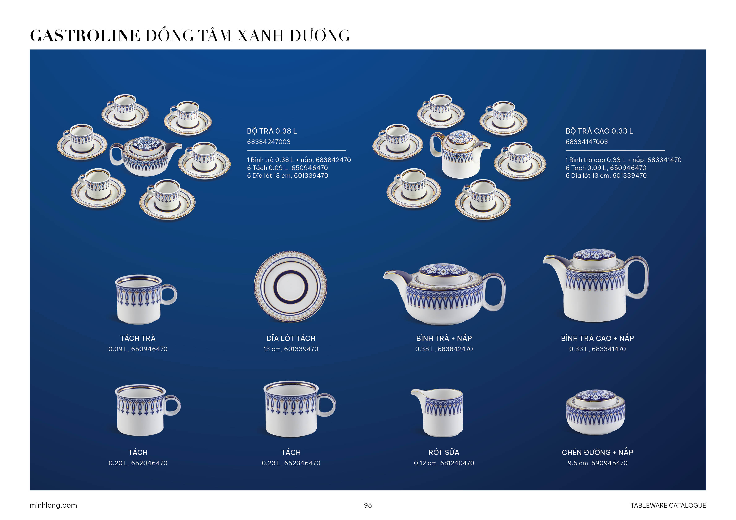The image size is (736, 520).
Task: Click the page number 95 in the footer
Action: tap(368, 505)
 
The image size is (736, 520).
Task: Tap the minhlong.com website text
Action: tap(53, 505)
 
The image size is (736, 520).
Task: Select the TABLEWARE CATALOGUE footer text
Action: tap(668, 505)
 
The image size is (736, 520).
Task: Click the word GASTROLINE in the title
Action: tap(85, 36)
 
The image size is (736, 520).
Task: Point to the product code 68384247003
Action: tap(269, 142)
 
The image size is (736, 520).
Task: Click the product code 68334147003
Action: tap(587, 142)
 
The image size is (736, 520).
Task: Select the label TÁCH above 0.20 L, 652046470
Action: tap(138, 452)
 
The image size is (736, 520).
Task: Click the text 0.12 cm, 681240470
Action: tap(444, 463)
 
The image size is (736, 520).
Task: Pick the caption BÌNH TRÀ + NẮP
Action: tap(444, 338)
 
